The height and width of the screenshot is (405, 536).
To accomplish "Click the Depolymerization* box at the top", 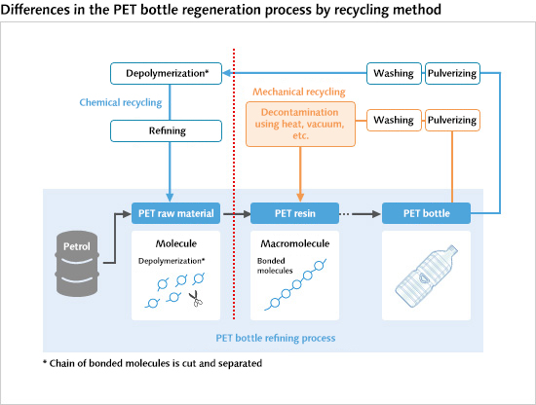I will tap(166, 72).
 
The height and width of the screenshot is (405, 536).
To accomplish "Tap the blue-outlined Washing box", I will tap(395, 72).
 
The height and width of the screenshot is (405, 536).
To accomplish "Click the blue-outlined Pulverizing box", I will tap(453, 72).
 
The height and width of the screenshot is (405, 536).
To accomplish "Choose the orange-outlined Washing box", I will tap(395, 121).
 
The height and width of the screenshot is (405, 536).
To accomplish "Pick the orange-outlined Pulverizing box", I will tap(453, 121).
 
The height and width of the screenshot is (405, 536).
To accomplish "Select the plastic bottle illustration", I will tap(426, 275).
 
